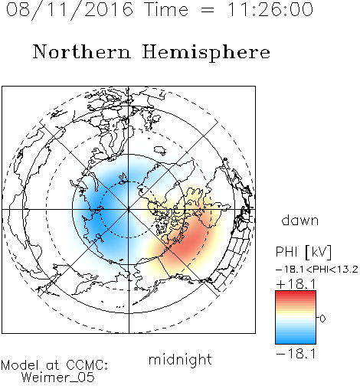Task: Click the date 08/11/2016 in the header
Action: (70, 10)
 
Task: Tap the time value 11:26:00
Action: (270, 9)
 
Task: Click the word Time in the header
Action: (166, 9)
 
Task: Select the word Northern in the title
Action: (81, 51)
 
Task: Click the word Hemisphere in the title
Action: (206, 53)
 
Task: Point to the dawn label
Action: (300, 220)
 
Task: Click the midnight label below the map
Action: (180, 359)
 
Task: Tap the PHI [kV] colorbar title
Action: (303, 252)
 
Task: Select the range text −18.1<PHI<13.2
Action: (317, 270)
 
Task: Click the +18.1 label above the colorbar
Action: (296, 284)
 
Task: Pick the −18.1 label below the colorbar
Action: (296, 354)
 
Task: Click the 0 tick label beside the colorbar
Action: (322, 319)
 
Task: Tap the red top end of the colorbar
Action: (296, 293)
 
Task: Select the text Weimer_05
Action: (57, 378)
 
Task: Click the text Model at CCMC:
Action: (54, 365)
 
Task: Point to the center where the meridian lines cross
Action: (129, 209)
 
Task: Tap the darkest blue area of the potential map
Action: (98, 214)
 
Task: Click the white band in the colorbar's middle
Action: (296, 318)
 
